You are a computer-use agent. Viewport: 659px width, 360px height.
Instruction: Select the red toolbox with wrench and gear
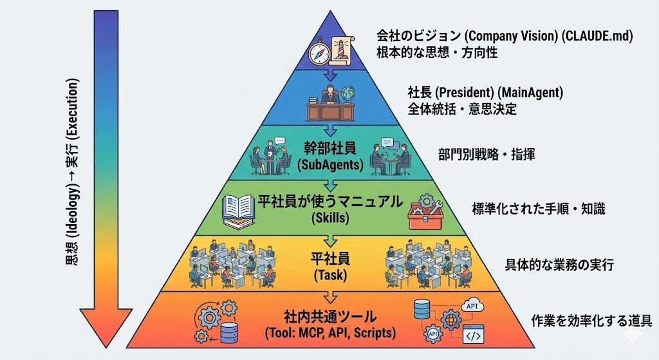click(425, 213)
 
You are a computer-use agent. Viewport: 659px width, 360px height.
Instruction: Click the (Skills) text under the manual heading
click(330, 218)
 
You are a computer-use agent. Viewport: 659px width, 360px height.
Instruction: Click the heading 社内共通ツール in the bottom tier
click(330, 317)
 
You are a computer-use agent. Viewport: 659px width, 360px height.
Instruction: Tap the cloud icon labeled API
click(473, 305)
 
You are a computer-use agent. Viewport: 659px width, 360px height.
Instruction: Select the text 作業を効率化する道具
click(592, 320)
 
